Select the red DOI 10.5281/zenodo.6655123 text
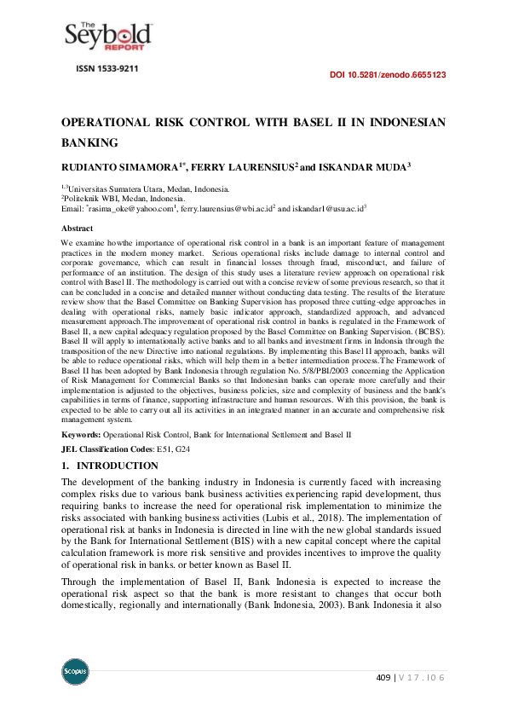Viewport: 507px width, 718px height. point(388,75)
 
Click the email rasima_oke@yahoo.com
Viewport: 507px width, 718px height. point(130,208)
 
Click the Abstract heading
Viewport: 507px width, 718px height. point(78,229)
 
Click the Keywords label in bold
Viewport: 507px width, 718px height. point(85,435)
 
